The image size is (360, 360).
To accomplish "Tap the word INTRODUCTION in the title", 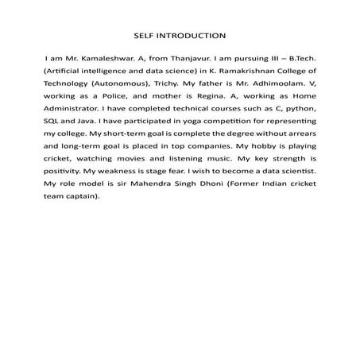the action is [x=192, y=36].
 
